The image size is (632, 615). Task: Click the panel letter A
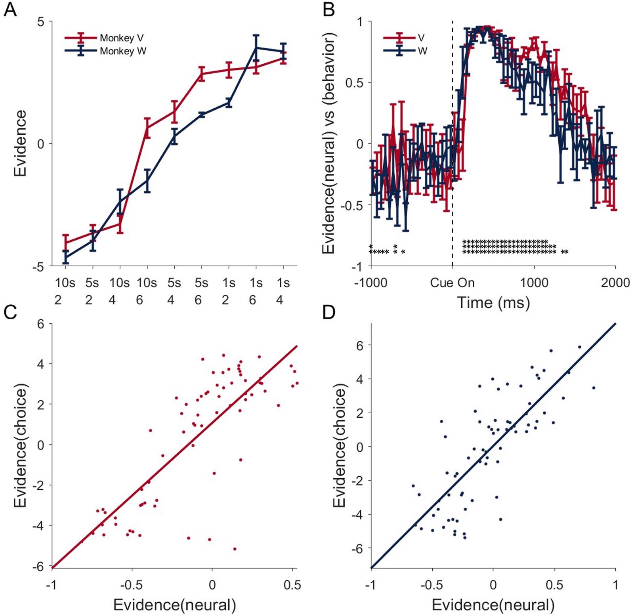10,10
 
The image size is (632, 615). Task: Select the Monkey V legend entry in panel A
121,38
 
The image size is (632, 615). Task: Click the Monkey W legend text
123,51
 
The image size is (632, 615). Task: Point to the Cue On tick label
452,283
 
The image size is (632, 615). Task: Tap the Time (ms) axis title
493,303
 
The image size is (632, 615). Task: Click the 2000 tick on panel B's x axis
615,283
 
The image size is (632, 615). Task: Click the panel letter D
329,313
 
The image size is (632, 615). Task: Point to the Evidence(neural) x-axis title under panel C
174,605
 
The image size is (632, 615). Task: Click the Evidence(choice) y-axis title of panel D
340,445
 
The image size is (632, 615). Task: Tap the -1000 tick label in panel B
371,283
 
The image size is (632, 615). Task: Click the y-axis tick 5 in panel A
41,21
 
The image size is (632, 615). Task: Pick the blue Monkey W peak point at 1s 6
256,48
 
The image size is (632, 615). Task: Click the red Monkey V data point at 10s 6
147,128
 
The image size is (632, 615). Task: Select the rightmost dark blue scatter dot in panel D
594,388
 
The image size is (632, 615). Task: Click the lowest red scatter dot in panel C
235,549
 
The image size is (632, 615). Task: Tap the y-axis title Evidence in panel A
20,143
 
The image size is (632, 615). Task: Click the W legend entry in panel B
422,51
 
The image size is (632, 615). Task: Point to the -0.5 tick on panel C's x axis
132,585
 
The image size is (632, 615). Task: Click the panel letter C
10,313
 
